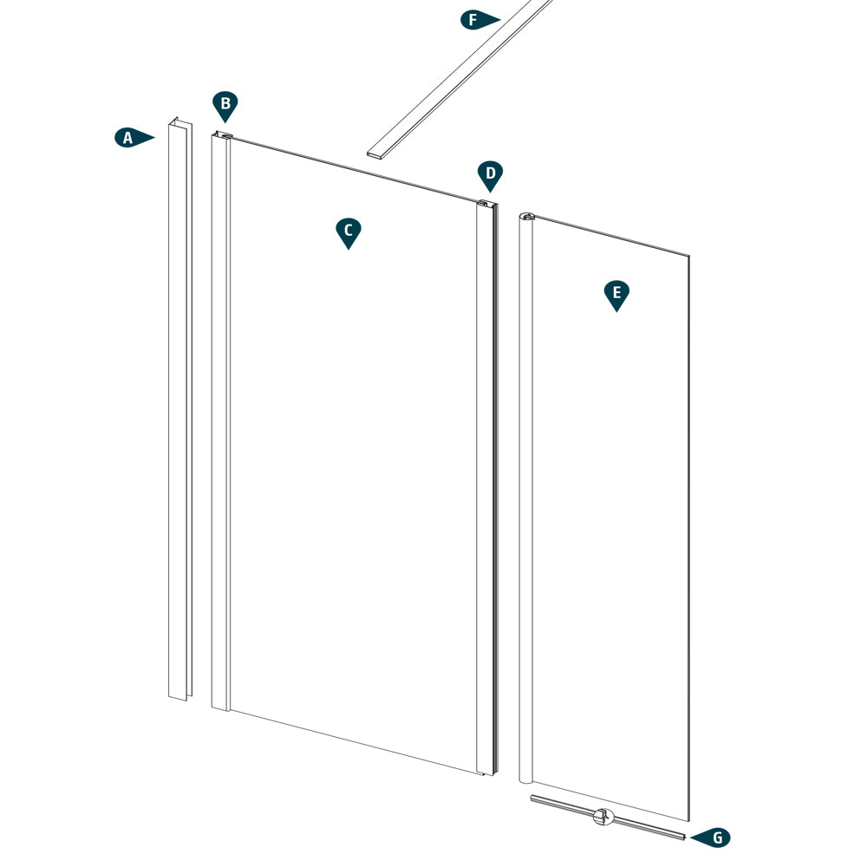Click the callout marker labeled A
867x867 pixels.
[129, 137]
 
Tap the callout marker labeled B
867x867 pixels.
[225, 106]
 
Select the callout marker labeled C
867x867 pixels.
[348, 231]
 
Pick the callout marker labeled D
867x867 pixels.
[490, 174]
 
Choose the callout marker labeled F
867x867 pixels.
[475, 19]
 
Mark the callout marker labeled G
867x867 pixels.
[714, 838]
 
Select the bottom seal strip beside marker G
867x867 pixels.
[642, 824]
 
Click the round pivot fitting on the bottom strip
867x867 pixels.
[603, 816]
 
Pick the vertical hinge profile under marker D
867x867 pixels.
[486, 486]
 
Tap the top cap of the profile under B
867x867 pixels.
[222, 135]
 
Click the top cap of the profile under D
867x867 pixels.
[486, 204]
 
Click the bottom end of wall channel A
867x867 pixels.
[178, 696]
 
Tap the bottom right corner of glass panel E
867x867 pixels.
[688, 819]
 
